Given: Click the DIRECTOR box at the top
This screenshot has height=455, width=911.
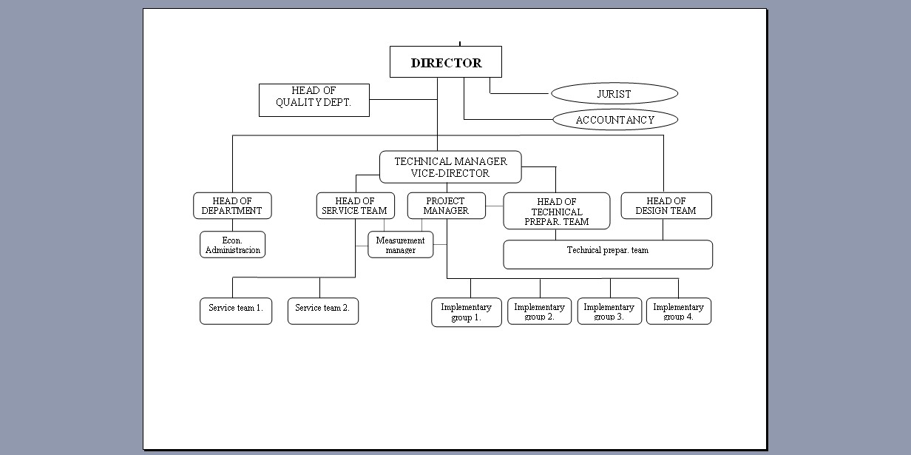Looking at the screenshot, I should [x=446, y=62].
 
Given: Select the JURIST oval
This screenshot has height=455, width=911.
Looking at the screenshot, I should [x=614, y=94].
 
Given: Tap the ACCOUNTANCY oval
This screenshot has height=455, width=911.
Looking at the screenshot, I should [x=614, y=119].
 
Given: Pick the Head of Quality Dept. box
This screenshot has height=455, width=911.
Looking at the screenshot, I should [x=314, y=100].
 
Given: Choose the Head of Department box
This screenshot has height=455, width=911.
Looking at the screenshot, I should [x=232, y=206].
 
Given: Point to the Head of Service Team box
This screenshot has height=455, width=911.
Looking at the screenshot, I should [x=355, y=206].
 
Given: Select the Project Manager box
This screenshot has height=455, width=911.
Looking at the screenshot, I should [x=446, y=206].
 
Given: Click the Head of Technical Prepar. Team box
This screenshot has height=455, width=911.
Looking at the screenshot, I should [x=557, y=212].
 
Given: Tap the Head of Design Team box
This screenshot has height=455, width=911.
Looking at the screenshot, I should [x=666, y=206].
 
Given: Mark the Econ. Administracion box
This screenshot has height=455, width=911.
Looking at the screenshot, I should [x=232, y=245].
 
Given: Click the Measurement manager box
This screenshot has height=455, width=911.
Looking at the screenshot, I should [x=400, y=245].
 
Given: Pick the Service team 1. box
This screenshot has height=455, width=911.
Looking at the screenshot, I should [x=235, y=311].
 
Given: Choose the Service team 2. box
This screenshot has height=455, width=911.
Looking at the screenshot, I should [x=322, y=311].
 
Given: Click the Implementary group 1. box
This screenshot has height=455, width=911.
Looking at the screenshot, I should [x=466, y=312].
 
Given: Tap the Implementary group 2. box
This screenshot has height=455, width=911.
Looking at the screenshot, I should [x=539, y=311].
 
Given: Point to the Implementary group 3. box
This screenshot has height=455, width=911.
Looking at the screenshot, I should [x=609, y=311].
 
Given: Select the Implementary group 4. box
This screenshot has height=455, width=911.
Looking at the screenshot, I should [x=678, y=311].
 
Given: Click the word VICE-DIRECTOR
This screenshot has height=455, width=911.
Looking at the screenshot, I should [x=450, y=173].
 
